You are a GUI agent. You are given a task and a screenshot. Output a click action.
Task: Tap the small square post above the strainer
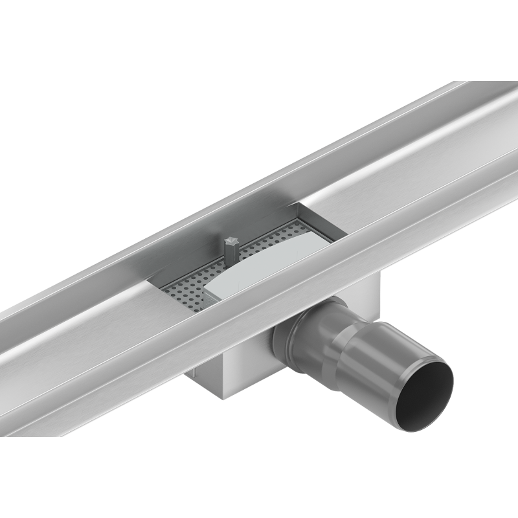[x=230, y=249]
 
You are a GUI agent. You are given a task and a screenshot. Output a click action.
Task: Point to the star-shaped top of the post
[x=231, y=240]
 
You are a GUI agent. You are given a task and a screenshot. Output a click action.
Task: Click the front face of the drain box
[x=240, y=363]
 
